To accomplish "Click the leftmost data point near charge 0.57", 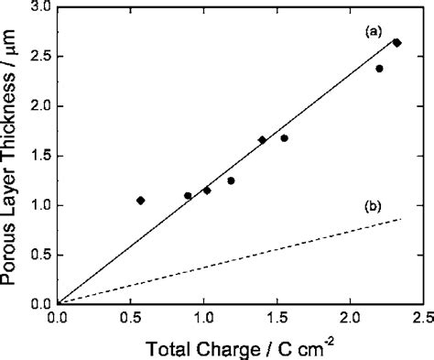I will coord(140,200).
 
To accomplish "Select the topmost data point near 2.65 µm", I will coord(396,42).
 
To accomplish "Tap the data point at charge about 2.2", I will coord(379,69).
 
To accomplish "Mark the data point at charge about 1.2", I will coord(231,180).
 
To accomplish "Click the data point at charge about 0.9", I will coord(188,195).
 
